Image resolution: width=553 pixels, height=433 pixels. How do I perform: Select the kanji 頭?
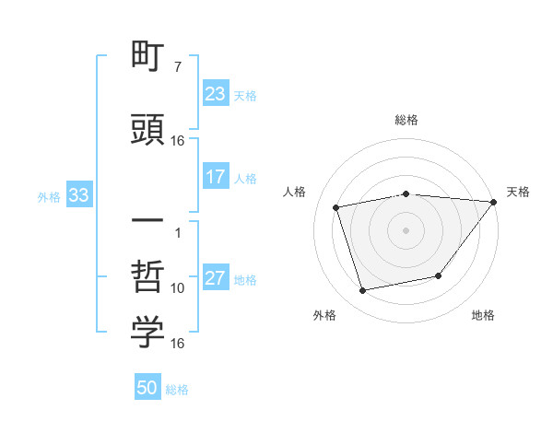coord(147,129)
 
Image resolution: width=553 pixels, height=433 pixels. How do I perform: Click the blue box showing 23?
coord(216,94)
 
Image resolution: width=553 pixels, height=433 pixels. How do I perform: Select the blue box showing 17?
coord(216,177)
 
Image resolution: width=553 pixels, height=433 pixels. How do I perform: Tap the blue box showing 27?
coord(216,278)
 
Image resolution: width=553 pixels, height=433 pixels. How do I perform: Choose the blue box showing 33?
coord(78,195)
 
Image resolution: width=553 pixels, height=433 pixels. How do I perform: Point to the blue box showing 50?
coord(147,388)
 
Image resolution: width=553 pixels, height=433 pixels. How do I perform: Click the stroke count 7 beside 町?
coord(177,67)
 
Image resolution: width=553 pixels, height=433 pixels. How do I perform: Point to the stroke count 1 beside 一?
coord(177,231)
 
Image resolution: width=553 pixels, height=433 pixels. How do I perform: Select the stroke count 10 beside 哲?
coord(178,288)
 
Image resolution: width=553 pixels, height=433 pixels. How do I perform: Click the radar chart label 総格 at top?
coord(406,120)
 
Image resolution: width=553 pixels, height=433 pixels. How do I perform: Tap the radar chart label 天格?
coord(519,192)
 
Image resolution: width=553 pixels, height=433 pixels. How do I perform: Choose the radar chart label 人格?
coord(295,192)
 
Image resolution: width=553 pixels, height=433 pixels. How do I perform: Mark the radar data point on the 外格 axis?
coord(363,291)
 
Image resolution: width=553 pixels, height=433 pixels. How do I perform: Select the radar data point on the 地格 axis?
coord(439,275)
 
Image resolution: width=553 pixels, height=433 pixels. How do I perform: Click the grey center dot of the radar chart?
coord(406,229)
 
